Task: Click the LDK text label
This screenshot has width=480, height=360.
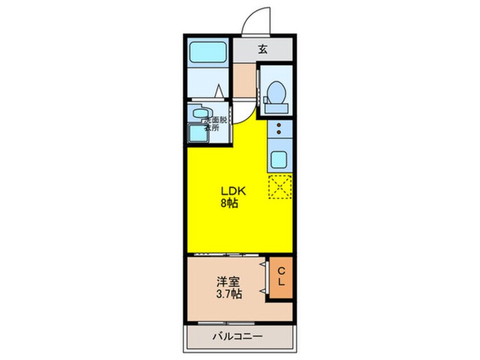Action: tap(229, 192)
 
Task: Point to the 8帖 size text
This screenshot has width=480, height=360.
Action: tap(229, 203)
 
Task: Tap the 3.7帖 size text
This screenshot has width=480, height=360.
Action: tap(228, 294)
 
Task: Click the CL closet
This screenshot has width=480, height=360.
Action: tap(281, 278)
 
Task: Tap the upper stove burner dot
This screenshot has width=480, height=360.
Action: tap(279, 125)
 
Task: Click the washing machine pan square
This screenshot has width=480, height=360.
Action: tap(198, 133)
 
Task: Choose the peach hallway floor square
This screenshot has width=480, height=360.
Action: tap(245, 80)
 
